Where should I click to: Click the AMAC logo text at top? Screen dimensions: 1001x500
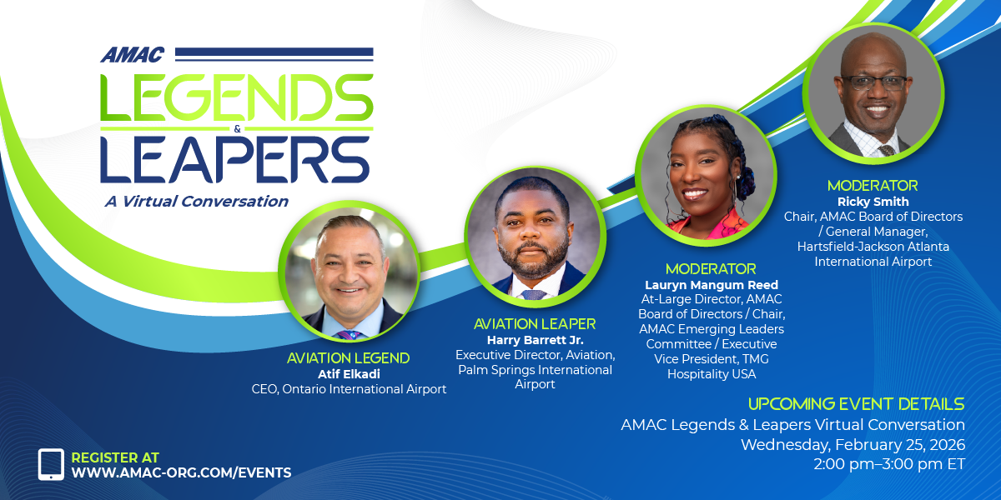[x=133, y=55]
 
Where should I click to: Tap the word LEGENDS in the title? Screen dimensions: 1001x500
[x=236, y=97]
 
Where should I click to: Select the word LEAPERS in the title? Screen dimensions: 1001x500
[x=235, y=160]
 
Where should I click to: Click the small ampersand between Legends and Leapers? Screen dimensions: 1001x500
[x=237, y=129]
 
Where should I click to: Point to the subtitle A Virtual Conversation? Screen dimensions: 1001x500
[x=197, y=202]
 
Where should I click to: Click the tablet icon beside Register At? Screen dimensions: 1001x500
[x=51, y=464]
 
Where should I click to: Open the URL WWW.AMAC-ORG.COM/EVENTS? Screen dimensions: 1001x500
[x=182, y=472]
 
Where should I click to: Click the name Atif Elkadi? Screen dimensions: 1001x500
[x=349, y=374]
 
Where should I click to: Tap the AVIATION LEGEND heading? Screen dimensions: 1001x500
[x=348, y=358]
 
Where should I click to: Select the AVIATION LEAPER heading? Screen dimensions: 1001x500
[x=535, y=324]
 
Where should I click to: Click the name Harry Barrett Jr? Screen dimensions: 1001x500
[x=536, y=340]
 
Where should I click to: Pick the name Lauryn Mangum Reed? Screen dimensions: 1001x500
[x=712, y=285]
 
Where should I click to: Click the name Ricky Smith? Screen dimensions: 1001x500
[x=873, y=202]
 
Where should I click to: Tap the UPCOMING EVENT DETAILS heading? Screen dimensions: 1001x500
[x=857, y=404]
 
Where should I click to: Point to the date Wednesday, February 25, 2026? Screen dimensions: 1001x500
[x=853, y=445]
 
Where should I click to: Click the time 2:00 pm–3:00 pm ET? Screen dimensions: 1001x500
[x=889, y=464]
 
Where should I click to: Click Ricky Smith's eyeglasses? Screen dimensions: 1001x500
[x=874, y=83]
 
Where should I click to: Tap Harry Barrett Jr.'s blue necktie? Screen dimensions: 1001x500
[x=534, y=295]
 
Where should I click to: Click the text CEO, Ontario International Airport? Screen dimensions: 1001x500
[x=349, y=389]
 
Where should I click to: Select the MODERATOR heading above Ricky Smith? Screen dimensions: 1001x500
[x=873, y=186]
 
